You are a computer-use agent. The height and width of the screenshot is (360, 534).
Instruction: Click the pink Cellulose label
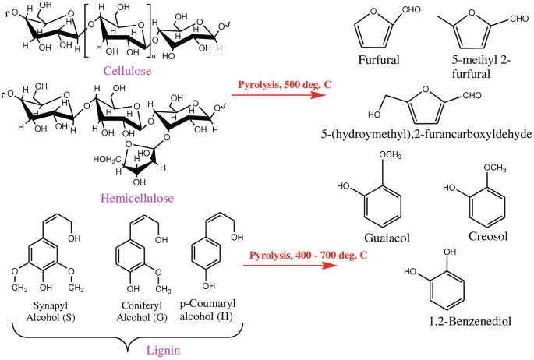(127, 71)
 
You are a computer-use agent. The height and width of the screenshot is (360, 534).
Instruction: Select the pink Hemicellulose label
(137, 198)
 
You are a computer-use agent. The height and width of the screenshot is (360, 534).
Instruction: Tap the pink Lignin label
(164, 351)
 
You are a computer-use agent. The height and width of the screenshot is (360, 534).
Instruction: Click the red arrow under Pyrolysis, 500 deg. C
(278, 95)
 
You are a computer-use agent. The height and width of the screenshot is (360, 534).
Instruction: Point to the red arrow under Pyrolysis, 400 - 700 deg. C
(290, 265)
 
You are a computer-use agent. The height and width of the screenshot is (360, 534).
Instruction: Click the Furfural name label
(379, 60)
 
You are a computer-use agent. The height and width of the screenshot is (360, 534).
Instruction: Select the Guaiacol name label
(387, 238)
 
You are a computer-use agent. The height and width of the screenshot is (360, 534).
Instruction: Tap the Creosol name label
(488, 236)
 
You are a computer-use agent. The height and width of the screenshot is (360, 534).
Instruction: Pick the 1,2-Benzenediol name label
(470, 321)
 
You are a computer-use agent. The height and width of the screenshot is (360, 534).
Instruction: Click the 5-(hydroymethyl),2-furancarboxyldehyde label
(426, 134)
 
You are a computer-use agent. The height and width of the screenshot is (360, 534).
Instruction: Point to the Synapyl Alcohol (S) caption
(51, 312)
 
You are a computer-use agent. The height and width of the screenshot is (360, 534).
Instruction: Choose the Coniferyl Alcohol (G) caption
(142, 312)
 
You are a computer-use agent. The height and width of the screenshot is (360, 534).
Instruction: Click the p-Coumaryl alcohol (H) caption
(207, 310)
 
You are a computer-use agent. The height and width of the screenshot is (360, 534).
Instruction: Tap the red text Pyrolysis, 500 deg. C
(285, 84)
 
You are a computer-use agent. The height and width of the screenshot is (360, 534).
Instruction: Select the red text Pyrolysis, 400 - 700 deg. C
(308, 256)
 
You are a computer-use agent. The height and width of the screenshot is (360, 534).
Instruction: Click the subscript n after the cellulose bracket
(154, 56)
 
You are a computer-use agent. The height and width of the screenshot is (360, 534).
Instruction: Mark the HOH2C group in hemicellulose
(108, 159)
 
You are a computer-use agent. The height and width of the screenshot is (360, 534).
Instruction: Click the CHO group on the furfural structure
(412, 9)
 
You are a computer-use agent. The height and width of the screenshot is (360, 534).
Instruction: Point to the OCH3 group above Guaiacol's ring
(391, 155)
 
